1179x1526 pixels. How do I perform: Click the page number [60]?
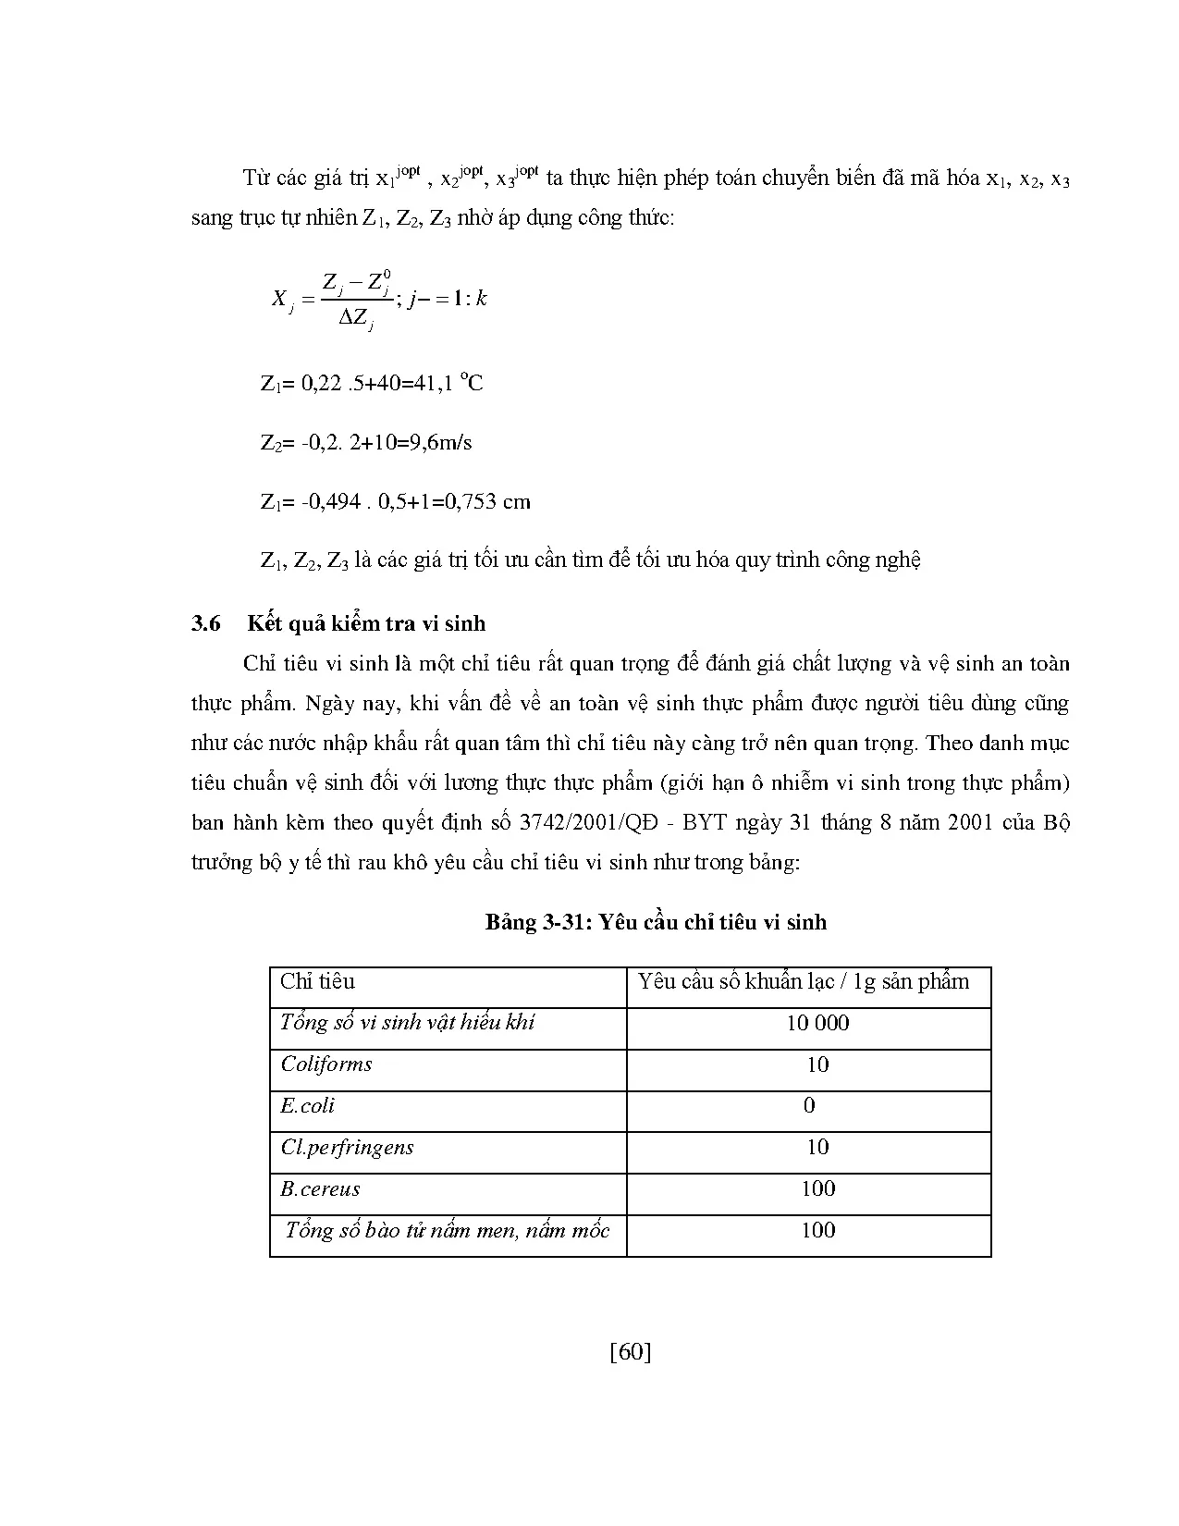[x=631, y=1352]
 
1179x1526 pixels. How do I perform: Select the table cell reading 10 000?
[x=817, y=1023]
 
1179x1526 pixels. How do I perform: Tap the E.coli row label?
[x=308, y=1105]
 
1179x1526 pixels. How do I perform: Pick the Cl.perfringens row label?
[x=347, y=1147]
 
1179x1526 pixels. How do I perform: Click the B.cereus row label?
[x=320, y=1188]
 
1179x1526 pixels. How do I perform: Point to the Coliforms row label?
[x=326, y=1064]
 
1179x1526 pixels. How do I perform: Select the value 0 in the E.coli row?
[x=809, y=1105]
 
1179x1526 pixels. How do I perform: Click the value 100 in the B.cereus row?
[x=817, y=1188]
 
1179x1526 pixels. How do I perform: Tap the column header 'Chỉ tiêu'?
[x=317, y=981]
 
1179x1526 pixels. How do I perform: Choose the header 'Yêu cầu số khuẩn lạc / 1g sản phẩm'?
[x=804, y=981]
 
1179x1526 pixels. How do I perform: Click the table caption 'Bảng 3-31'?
[x=537, y=922]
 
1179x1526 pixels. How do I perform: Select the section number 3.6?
[x=206, y=623]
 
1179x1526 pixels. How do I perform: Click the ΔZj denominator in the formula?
[x=355, y=319]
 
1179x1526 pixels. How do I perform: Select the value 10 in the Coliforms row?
[x=817, y=1065]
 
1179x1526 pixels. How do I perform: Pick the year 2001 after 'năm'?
[x=971, y=822]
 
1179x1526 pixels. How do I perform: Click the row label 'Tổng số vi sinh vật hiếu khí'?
[x=407, y=1022]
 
